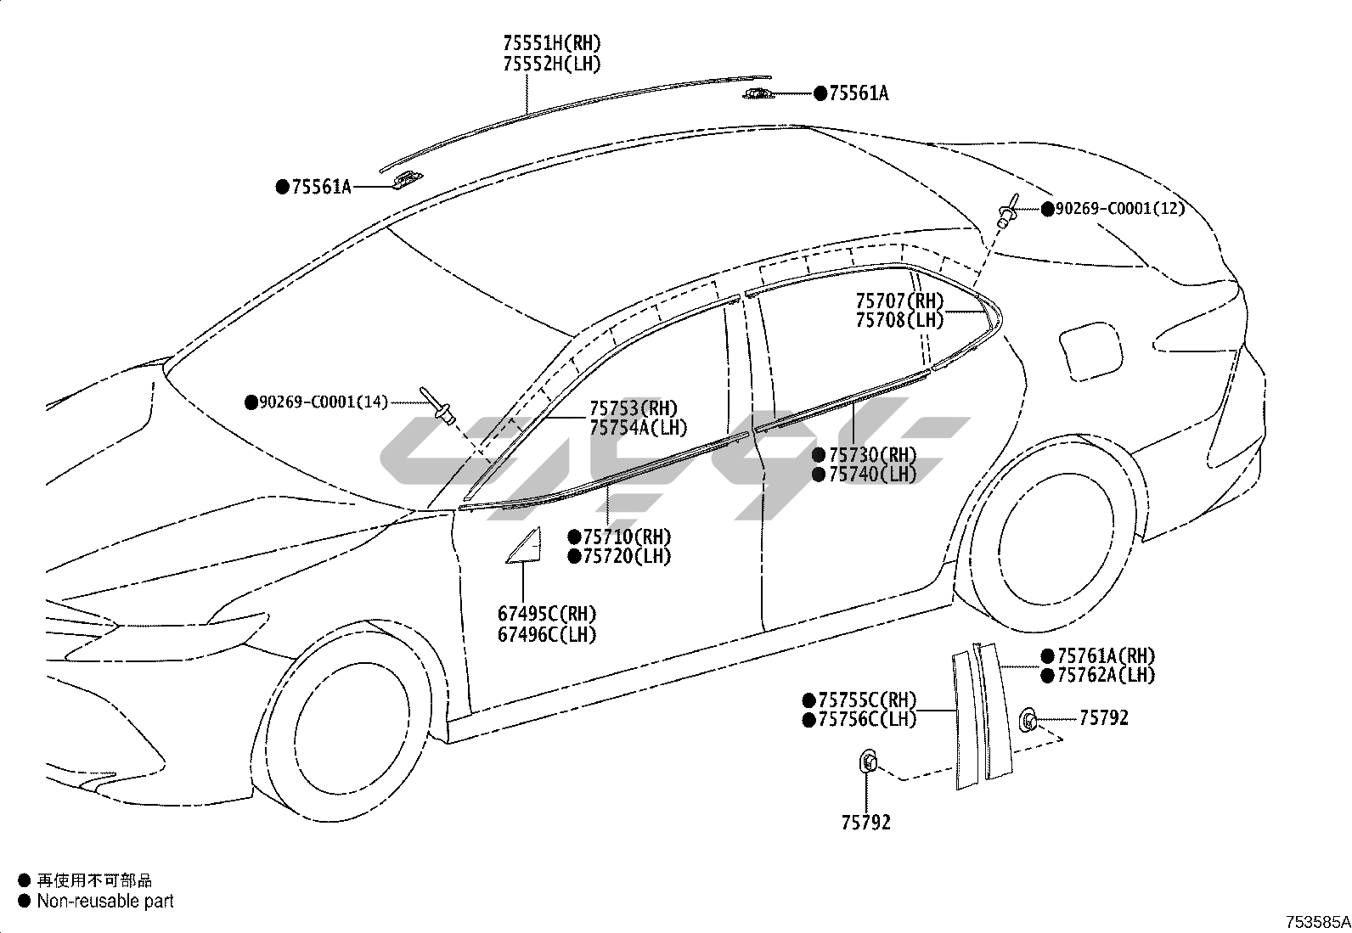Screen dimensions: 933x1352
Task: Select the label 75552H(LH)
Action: click(551, 65)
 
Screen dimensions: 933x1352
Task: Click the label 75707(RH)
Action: click(899, 301)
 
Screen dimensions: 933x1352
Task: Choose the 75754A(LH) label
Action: click(639, 429)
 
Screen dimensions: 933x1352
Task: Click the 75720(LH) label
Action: click(627, 557)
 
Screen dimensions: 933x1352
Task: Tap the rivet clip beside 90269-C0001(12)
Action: click(1008, 211)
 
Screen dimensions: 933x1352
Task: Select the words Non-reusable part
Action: click(104, 902)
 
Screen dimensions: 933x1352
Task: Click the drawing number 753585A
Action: click(1316, 922)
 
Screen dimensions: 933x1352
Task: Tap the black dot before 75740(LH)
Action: click(819, 475)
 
